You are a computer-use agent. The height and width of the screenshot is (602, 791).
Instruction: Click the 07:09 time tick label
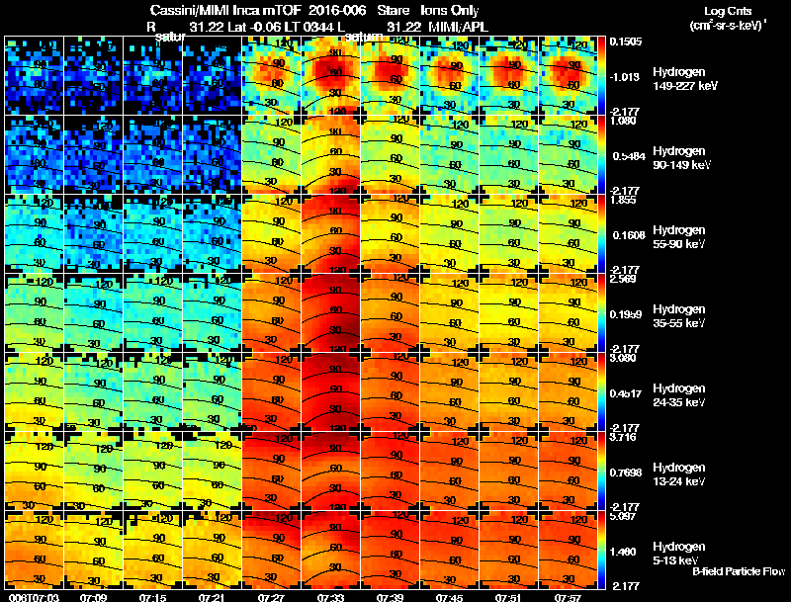93,597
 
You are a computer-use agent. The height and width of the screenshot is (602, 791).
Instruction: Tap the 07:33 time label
331,597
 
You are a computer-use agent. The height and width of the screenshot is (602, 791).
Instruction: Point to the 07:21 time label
212,597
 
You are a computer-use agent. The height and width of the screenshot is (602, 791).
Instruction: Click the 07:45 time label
450,597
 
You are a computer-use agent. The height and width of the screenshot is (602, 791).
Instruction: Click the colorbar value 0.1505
626,42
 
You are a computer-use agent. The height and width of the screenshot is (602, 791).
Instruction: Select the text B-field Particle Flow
738,571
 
